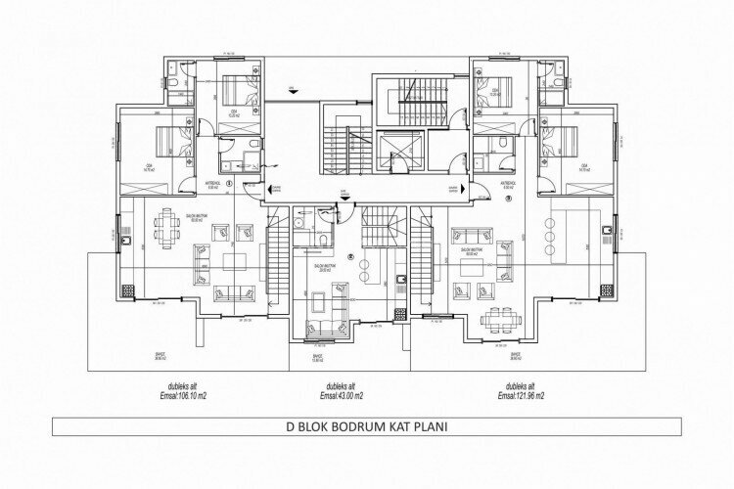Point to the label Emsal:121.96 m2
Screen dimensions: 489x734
coord(520,396)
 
